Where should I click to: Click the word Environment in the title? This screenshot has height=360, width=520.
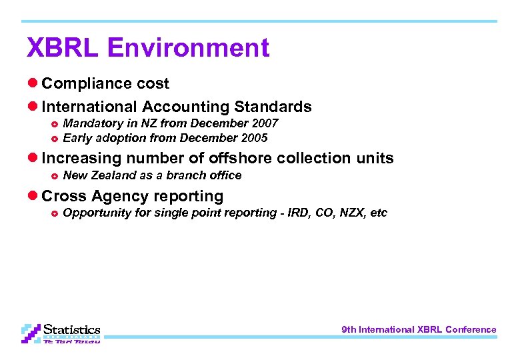pyautogui.click(x=188, y=48)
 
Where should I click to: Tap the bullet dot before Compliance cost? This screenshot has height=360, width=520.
pyautogui.click(x=33, y=83)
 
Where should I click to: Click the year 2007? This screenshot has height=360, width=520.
pyautogui.click(x=264, y=123)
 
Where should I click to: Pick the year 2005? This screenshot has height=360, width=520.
pyautogui.click(x=253, y=138)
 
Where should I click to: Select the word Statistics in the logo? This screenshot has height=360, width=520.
pyautogui.click(x=71, y=329)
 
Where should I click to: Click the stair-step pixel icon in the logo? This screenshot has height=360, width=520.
pyautogui.click(x=31, y=333)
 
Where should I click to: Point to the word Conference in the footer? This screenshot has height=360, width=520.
pyautogui.click(x=471, y=329)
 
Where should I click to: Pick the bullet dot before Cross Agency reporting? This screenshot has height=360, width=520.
pyautogui.click(x=33, y=196)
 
